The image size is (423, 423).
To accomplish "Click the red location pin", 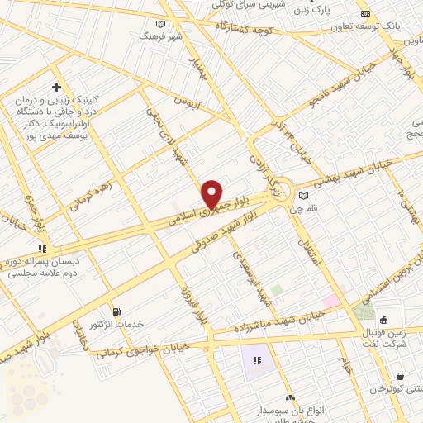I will [212, 194].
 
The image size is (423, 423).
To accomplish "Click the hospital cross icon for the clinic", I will [56, 87].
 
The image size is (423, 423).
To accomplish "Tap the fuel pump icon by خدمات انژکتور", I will [116, 311].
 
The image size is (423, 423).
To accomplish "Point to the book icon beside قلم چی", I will [304, 195].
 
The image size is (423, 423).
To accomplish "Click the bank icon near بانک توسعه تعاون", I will [365, 14].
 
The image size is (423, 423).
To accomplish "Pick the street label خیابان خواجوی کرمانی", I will [143, 350].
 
